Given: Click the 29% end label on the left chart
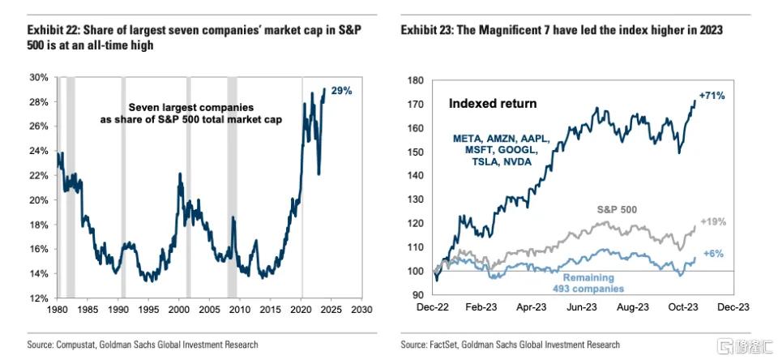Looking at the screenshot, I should (x=342, y=92).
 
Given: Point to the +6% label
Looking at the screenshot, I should (x=714, y=253).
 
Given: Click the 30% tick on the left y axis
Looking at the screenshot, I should (x=39, y=78).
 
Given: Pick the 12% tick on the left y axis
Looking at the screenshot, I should (x=39, y=299).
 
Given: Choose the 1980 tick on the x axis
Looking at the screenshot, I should (x=58, y=311).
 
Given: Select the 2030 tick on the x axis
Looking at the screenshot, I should (x=361, y=311).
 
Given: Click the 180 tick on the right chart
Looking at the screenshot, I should (x=414, y=80).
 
